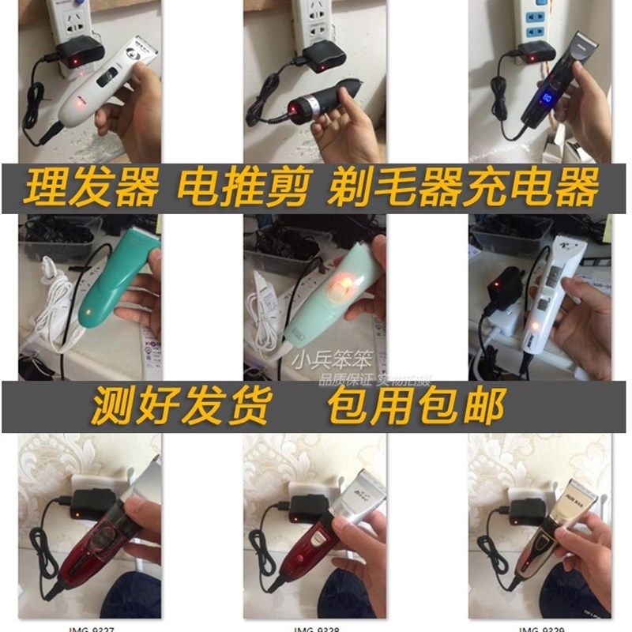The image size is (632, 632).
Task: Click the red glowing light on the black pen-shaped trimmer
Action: click(298, 107)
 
